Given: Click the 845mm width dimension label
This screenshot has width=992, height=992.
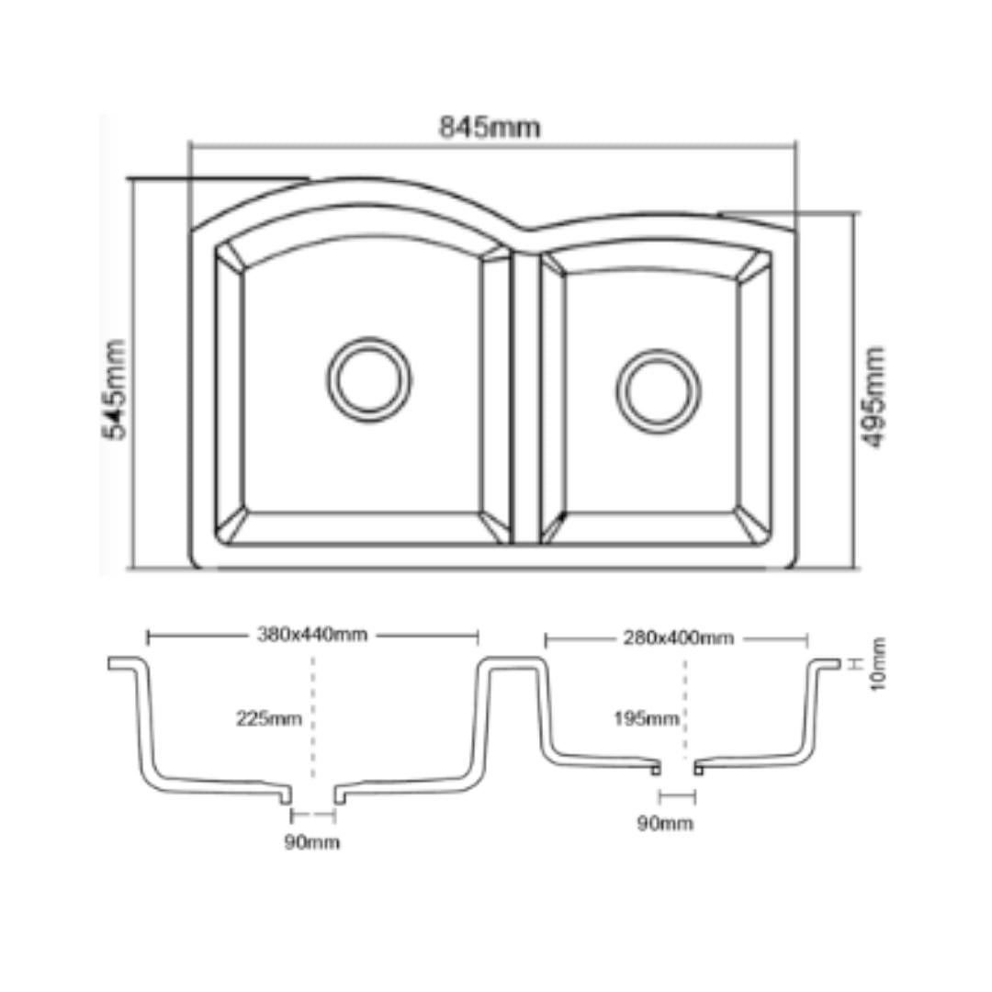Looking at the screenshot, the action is coord(490,128).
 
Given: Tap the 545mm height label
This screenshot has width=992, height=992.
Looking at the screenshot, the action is coord(115,389).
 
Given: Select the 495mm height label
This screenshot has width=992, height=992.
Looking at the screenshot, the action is coord(874,398).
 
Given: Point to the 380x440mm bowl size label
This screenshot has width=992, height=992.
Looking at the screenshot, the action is coord(312,635).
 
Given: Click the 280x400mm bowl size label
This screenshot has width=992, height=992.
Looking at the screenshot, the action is coord(679,637).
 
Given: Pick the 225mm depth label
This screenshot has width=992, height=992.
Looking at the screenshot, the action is coord(269,718).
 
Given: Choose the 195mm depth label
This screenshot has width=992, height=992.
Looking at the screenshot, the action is coord(646,718).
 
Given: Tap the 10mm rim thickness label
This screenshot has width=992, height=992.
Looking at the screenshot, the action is coord(878,664).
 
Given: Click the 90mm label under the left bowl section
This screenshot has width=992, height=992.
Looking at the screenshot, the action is coord(312,842).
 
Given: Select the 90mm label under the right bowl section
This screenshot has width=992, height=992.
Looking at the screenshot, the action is coord(665,824).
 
